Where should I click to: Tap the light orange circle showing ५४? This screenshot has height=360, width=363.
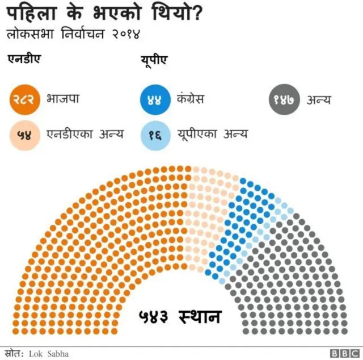pyautogui.click(x=25, y=135)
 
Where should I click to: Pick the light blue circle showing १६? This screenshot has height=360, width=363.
pyautogui.click(x=155, y=135)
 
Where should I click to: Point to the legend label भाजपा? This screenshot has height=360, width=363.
pyautogui.click(x=63, y=99)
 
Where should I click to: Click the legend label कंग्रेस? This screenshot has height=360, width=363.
pyautogui.click(x=190, y=99)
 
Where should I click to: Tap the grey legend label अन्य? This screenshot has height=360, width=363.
pyautogui.click(x=319, y=100)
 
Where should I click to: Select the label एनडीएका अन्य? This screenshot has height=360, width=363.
pyautogui.click(x=85, y=135)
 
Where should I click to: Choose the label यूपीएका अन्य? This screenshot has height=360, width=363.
pyautogui.click(x=212, y=135)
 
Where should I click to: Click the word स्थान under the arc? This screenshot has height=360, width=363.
pyautogui.click(x=199, y=316)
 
